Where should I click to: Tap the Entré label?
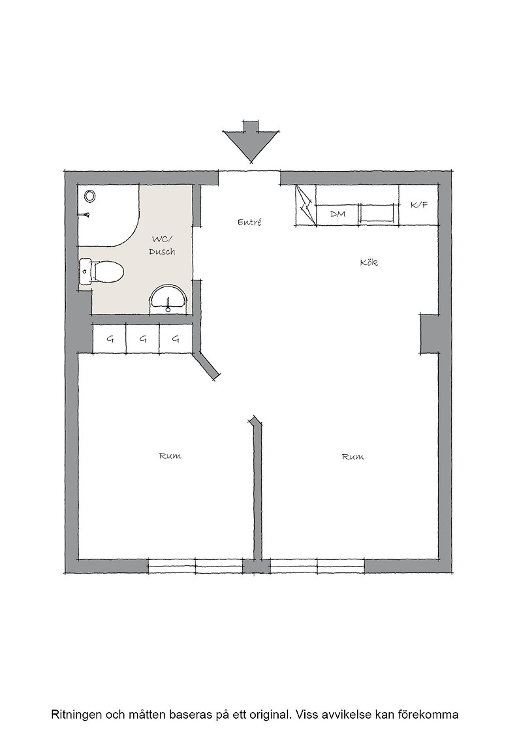pos(249,223)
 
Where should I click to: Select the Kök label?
pos(369,262)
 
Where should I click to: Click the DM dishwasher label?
pos(337,214)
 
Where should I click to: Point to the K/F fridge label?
pos(419,205)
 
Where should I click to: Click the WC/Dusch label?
pos(162,245)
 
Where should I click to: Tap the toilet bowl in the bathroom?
pos(108,271)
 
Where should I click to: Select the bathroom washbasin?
pos(168,298)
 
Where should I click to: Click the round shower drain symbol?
pos(90,196)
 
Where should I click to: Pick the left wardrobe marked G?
pos(110,339)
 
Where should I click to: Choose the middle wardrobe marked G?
pos(143,339)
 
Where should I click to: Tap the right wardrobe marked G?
pos(176,339)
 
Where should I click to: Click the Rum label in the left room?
pos(170,456)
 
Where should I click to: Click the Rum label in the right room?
pos(353,457)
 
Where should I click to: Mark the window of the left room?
pos(195,566)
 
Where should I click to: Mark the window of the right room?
pos(317,566)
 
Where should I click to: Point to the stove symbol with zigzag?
pos(305,205)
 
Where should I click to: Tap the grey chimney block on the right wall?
pos(429,334)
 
